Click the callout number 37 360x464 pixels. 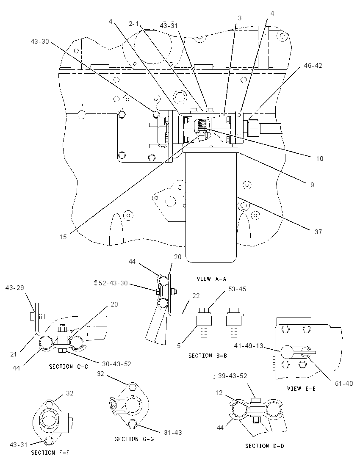[x=318, y=232]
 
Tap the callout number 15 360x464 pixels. [x=63, y=237]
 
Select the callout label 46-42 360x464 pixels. [x=313, y=65]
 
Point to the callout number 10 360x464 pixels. [x=320, y=159]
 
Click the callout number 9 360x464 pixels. [x=312, y=185]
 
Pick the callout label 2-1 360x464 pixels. [x=134, y=24]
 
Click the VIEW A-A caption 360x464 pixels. [x=211, y=279]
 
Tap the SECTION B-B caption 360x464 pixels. [x=208, y=356]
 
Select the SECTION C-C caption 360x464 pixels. [x=68, y=367]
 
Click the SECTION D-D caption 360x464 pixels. [x=264, y=446]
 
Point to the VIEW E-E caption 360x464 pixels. [x=301, y=389]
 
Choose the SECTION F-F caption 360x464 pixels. [x=50, y=453]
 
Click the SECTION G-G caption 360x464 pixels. [x=134, y=439]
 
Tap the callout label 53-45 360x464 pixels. [x=237, y=289]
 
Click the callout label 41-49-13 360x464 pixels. [x=248, y=345]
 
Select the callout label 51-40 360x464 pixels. [x=344, y=384]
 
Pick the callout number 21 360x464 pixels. [x=14, y=354]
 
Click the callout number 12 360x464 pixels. [x=219, y=393]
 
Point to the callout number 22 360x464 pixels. [x=196, y=296]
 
